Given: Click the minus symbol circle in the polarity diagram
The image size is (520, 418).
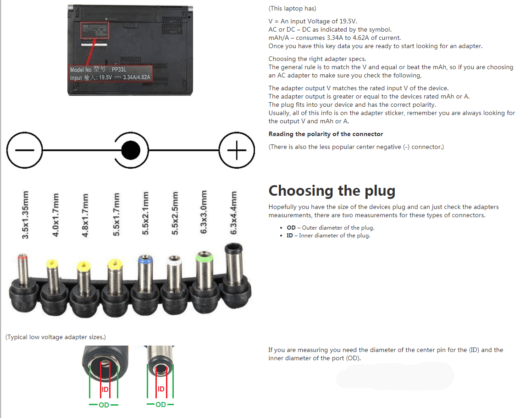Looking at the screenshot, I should [24, 150].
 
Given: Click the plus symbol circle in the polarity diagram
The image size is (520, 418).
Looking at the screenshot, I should [237, 150].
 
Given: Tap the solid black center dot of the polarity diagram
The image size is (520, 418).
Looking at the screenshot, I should [131, 150].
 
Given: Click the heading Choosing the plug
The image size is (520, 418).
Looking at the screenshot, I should [332, 191].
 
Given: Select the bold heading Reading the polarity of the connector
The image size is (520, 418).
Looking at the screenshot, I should [326, 134].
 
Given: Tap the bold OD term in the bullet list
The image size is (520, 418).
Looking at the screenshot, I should [291, 228].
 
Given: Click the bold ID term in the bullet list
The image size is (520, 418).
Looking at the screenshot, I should [290, 236].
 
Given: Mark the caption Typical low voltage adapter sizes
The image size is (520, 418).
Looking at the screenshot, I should [55, 337].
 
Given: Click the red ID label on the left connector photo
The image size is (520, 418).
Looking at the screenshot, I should [105, 389].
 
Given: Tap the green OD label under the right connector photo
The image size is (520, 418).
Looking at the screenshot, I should [161, 404].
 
